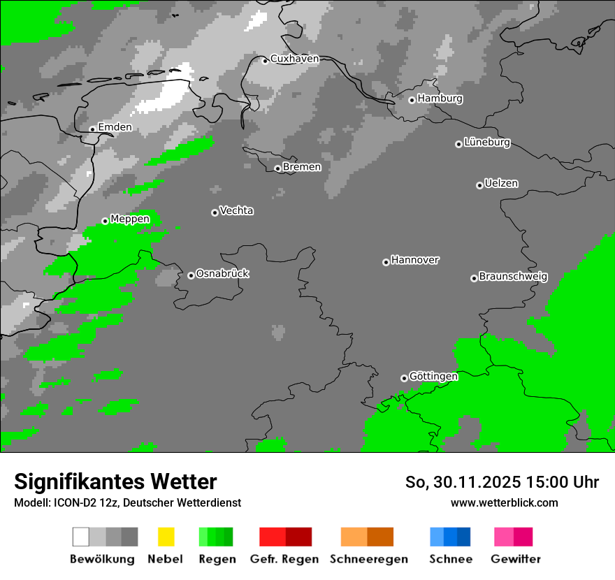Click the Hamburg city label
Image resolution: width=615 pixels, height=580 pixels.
tap(440, 99)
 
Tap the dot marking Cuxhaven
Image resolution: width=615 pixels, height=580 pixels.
tap(265, 61)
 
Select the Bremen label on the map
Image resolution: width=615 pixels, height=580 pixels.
tap(302, 167)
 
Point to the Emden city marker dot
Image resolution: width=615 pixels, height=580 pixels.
tap(92, 129)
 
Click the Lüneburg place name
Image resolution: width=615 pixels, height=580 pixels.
tap(486, 143)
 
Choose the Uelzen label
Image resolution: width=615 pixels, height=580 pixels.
tap(501, 184)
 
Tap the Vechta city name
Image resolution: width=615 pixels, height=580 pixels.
tap(236, 210)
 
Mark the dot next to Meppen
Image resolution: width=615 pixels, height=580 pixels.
tap(105, 221)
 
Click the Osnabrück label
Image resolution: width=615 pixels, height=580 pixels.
tap(222, 274)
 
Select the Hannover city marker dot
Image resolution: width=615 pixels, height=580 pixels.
tap(386, 262)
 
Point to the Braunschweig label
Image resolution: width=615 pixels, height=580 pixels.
tap(513, 277)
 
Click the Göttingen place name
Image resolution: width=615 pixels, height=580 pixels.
tap(433, 377)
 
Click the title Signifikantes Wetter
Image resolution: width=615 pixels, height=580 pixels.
tap(115, 481)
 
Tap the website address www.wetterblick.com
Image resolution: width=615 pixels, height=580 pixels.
tap(504, 502)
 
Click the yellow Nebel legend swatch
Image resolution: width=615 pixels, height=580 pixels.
tap(166, 537)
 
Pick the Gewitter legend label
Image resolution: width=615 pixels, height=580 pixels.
tap(515, 559)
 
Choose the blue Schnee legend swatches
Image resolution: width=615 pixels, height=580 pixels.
tap(450, 537)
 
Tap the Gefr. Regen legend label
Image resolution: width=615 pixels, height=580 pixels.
tap(284, 559)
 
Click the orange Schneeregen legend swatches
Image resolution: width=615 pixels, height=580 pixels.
tap(367, 537)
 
